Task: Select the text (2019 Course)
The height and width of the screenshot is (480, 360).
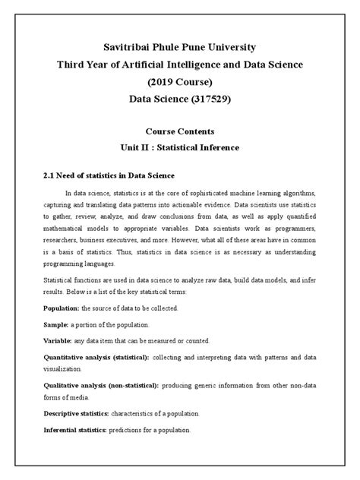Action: [180, 82]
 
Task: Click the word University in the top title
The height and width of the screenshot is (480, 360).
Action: [245, 48]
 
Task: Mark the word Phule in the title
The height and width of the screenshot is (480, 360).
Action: [164, 48]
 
